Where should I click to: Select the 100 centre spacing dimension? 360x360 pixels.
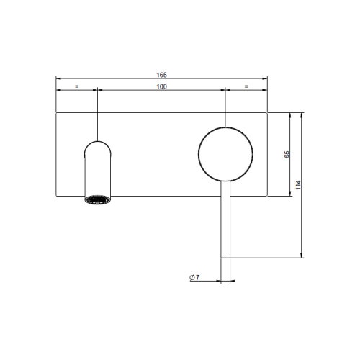(162, 86)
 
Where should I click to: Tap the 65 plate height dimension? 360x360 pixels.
(287, 153)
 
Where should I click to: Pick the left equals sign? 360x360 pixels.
(77, 86)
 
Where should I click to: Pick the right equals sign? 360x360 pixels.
(247, 86)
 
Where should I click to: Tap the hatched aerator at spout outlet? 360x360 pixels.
(97, 200)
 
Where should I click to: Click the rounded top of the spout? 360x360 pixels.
(97, 143)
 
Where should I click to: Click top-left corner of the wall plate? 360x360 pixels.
(56, 112)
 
